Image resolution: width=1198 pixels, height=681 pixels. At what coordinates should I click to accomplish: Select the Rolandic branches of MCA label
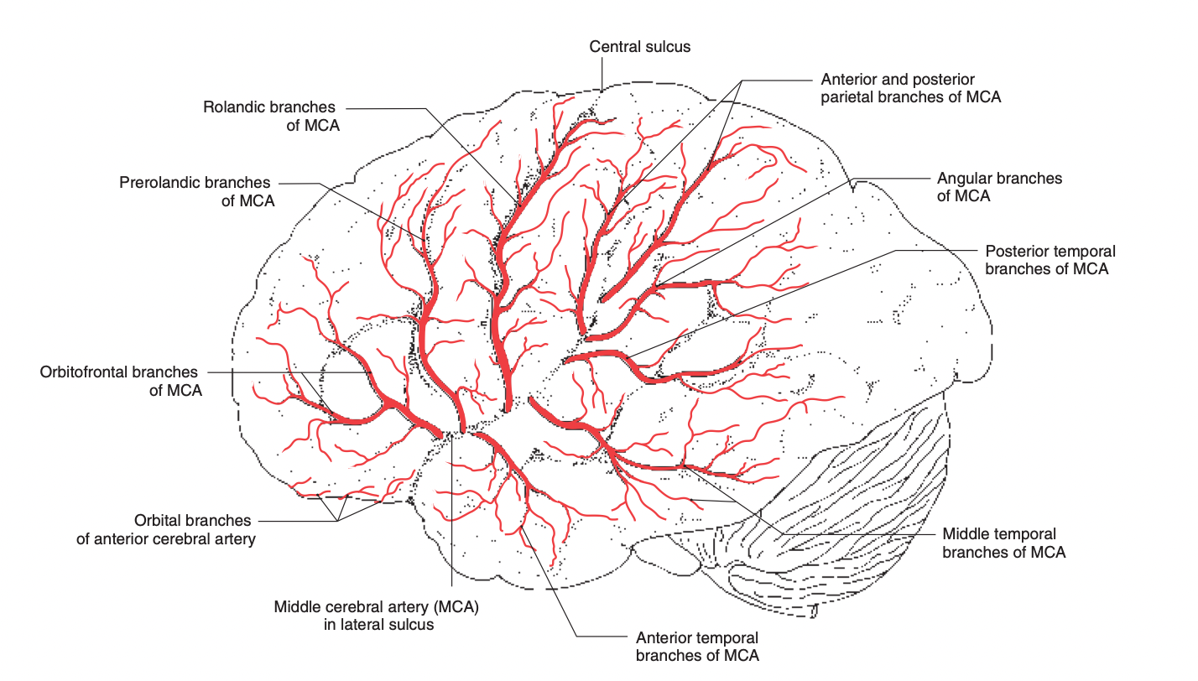[x=268, y=116]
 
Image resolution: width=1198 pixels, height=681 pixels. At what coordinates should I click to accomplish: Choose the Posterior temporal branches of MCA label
[x=1050, y=260]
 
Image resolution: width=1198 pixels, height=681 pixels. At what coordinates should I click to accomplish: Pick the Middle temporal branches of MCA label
[x=1003, y=543]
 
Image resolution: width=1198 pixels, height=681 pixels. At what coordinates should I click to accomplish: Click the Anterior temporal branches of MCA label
[x=697, y=647]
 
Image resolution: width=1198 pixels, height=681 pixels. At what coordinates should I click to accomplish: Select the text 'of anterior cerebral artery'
[x=165, y=539]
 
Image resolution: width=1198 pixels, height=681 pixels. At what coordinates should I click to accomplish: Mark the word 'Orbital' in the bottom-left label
[x=159, y=521]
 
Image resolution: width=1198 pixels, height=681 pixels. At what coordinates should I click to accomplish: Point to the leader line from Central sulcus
[x=602, y=74]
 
